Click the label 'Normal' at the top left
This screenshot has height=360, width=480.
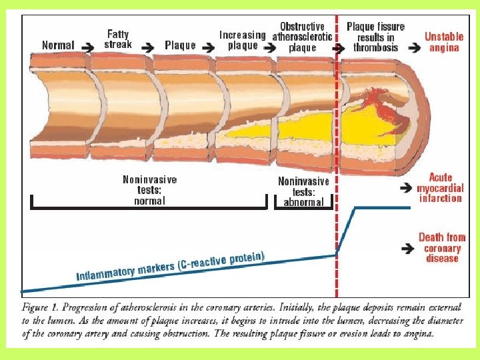click(58, 45)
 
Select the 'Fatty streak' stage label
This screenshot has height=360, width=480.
click(118, 39)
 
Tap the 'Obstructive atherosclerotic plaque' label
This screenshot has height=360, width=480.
click(302, 37)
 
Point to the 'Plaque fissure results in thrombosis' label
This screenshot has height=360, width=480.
click(375, 37)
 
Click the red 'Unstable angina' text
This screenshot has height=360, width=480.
click(444, 42)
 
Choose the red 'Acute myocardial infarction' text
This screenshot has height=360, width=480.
click(441, 187)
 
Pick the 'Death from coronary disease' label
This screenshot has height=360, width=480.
click(441, 247)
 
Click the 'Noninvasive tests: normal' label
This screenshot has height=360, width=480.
click(150, 190)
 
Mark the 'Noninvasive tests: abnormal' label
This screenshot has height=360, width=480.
click(303, 191)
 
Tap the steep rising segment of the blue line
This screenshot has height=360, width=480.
click(345, 231)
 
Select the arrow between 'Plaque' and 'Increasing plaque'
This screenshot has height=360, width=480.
click(209, 47)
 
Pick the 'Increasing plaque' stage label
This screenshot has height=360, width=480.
click(242, 40)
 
